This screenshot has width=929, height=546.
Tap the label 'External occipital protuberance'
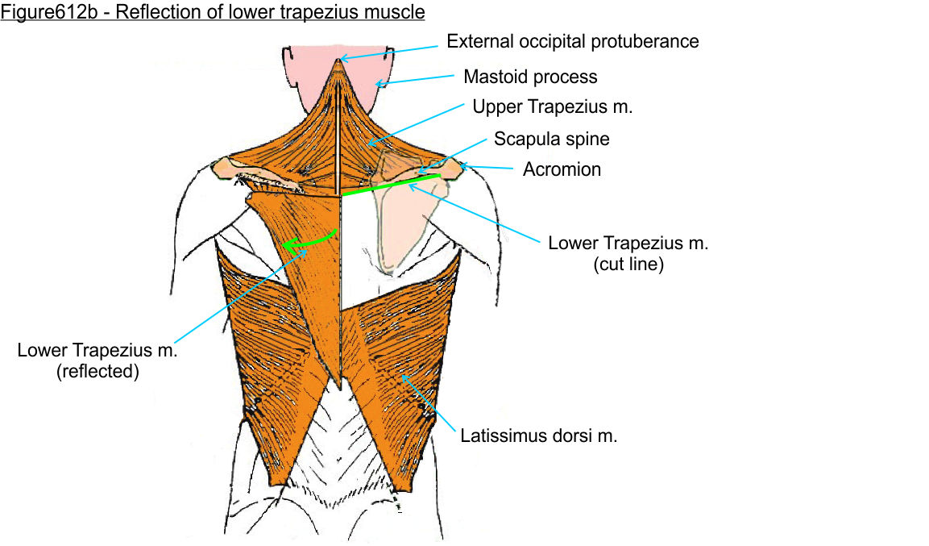573,40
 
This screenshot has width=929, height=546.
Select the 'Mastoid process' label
530,77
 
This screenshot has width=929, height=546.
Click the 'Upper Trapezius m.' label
551,106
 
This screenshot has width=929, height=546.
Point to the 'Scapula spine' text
552,139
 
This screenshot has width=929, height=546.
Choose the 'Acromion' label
562,169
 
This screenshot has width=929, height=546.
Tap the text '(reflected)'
98,372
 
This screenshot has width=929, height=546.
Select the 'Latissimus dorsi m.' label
539,437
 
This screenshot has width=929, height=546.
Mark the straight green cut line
391,185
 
